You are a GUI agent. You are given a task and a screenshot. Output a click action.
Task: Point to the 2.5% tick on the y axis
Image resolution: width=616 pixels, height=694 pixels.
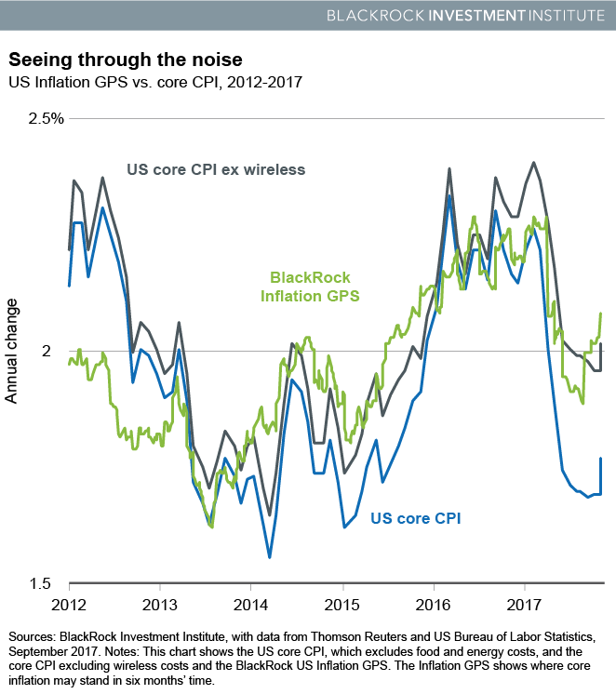(x=44, y=119)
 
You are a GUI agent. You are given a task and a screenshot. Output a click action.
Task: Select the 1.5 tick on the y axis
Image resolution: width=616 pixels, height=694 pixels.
(x=50, y=583)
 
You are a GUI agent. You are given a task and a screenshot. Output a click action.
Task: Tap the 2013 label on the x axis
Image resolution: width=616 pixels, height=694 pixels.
(x=160, y=604)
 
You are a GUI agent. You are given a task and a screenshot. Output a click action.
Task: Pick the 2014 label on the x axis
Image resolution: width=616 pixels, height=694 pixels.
(x=250, y=604)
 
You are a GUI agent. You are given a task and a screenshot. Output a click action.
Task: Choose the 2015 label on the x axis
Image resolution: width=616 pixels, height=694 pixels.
(x=342, y=604)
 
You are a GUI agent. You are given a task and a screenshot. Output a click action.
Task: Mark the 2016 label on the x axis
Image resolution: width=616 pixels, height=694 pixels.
(x=434, y=604)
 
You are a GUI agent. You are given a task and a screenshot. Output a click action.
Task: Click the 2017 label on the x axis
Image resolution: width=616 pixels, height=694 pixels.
(x=525, y=604)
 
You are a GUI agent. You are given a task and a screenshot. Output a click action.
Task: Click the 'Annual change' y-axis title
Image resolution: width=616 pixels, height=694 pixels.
(x=12, y=351)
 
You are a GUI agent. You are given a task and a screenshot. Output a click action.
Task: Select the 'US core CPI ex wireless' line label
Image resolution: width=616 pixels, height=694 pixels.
(x=216, y=169)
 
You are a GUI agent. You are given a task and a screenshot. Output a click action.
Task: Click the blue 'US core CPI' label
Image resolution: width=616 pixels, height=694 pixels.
(x=416, y=518)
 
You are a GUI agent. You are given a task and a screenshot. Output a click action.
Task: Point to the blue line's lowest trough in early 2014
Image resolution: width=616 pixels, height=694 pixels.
(x=270, y=557)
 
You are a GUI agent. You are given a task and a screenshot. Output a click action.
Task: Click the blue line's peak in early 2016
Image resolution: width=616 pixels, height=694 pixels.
(x=449, y=196)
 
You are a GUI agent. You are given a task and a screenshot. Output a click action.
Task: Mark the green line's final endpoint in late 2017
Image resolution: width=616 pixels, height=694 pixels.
(x=600, y=314)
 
